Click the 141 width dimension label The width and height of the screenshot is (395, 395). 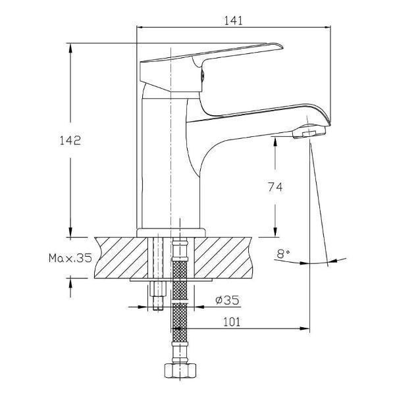(x=233, y=20)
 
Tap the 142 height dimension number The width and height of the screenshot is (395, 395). (x=70, y=141)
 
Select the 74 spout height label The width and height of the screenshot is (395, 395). (x=275, y=187)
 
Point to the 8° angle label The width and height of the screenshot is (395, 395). (x=283, y=253)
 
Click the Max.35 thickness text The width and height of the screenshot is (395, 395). (x=70, y=258)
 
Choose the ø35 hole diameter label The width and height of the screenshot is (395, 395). (x=227, y=300)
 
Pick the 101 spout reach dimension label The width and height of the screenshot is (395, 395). (x=232, y=322)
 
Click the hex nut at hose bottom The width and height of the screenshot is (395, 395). (x=180, y=371)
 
